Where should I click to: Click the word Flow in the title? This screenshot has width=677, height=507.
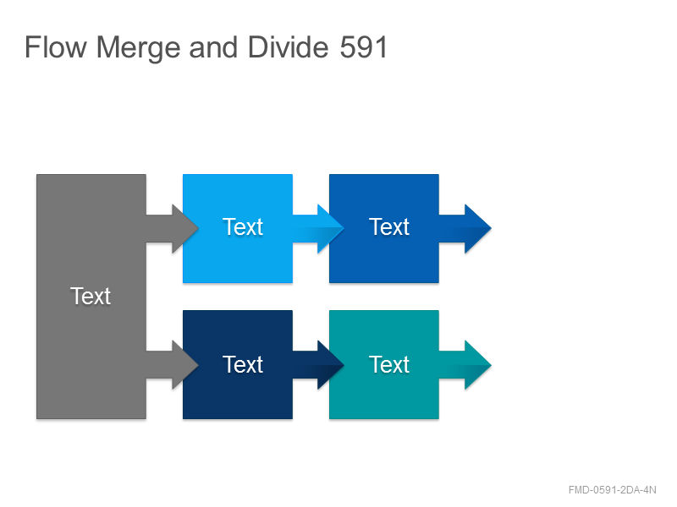click(x=56, y=46)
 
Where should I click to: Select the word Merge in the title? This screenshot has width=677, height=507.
click(x=138, y=48)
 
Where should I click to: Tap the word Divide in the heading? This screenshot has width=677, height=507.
click(x=288, y=46)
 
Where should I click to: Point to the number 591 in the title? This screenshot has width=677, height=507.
click(x=363, y=47)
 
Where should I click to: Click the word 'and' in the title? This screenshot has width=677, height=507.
click(x=214, y=46)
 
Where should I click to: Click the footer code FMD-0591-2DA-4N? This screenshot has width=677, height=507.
click(x=612, y=490)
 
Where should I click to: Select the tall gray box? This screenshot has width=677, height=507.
click(x=91, y=297)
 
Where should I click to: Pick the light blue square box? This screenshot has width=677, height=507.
click(x=238, y=228)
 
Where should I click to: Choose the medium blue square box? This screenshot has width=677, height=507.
click(x=384, y=228)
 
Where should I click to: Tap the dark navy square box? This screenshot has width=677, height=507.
click(x=238, y=364)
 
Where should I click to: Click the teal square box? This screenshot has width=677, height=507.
click(x=384, y=364)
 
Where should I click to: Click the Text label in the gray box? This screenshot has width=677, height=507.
click(x=91, y=297)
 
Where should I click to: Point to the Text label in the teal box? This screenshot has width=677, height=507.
click(x=389, y=365)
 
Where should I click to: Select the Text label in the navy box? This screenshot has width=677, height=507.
click(x=243, y=365)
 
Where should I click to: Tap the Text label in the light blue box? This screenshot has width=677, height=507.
click(x=243, y=226)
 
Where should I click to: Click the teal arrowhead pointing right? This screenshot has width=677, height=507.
click(x=477, y=365)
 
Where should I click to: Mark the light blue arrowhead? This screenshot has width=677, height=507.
click(x=330, y=228)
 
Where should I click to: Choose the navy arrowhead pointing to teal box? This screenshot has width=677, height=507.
click(x=330, y=365)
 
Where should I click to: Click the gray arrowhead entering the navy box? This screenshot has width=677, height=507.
click(x=184, y=365)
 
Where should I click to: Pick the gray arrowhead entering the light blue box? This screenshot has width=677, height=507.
click(x=184, y=228)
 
